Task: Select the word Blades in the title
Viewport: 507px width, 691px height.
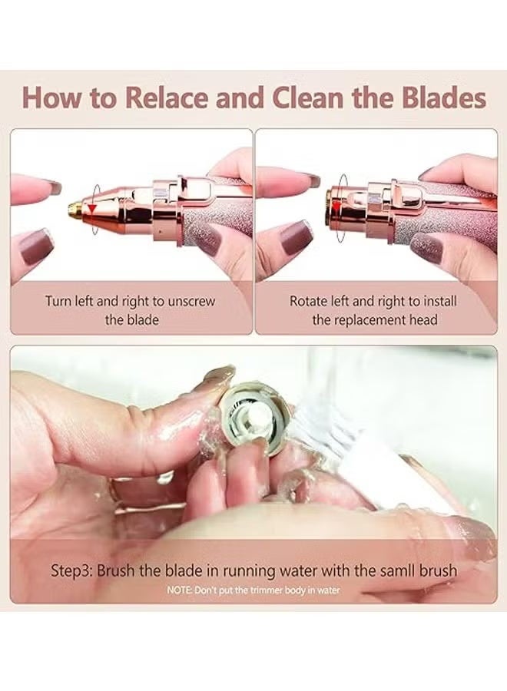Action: click(441, 100)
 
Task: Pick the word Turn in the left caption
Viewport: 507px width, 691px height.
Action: click(59, 301)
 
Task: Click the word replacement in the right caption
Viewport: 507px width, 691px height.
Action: click(370, 319)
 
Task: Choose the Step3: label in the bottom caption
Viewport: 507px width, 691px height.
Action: click(75, 570)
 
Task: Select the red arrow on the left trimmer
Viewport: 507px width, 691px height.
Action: click(93, 209)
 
